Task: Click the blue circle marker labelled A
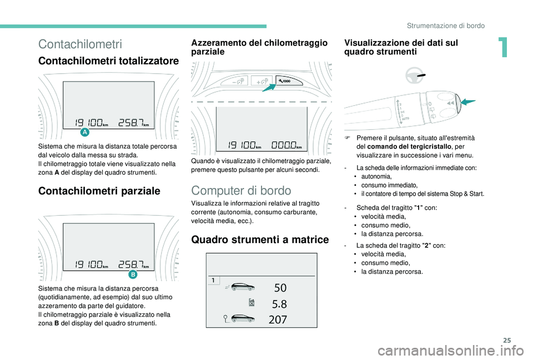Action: pos(85,132)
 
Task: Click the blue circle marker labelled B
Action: pos(133,275)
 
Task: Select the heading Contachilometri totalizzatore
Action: pos(108,61)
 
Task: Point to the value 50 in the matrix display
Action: pos(280,287)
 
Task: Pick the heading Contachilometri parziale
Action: pos(99,191)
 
